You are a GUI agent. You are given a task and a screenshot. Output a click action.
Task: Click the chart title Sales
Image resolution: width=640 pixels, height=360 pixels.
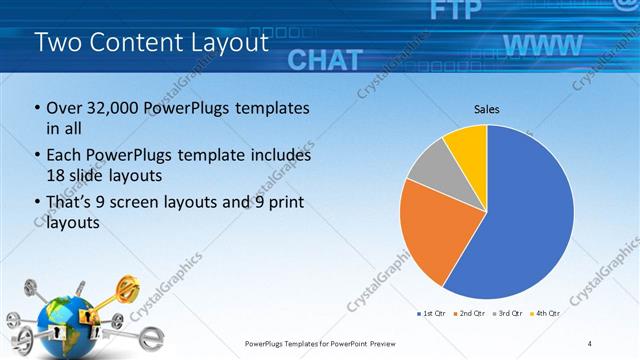point(486,109)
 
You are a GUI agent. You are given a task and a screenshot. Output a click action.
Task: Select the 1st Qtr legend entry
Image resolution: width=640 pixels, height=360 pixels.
point(433,314)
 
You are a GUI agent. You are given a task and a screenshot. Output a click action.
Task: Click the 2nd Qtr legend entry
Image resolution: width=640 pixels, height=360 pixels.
point(470,314)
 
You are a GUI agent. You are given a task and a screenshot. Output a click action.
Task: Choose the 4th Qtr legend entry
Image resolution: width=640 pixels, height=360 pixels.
point(546,314)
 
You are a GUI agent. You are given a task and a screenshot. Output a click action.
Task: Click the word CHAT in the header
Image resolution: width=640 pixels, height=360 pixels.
point(324,59)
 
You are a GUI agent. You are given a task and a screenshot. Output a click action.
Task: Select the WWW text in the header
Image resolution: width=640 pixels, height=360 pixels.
point(543,45)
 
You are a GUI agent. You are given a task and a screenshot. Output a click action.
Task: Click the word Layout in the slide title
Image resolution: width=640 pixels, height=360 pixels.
point(230,42)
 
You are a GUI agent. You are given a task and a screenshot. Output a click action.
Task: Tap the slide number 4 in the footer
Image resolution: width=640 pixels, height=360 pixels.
point(590,343)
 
